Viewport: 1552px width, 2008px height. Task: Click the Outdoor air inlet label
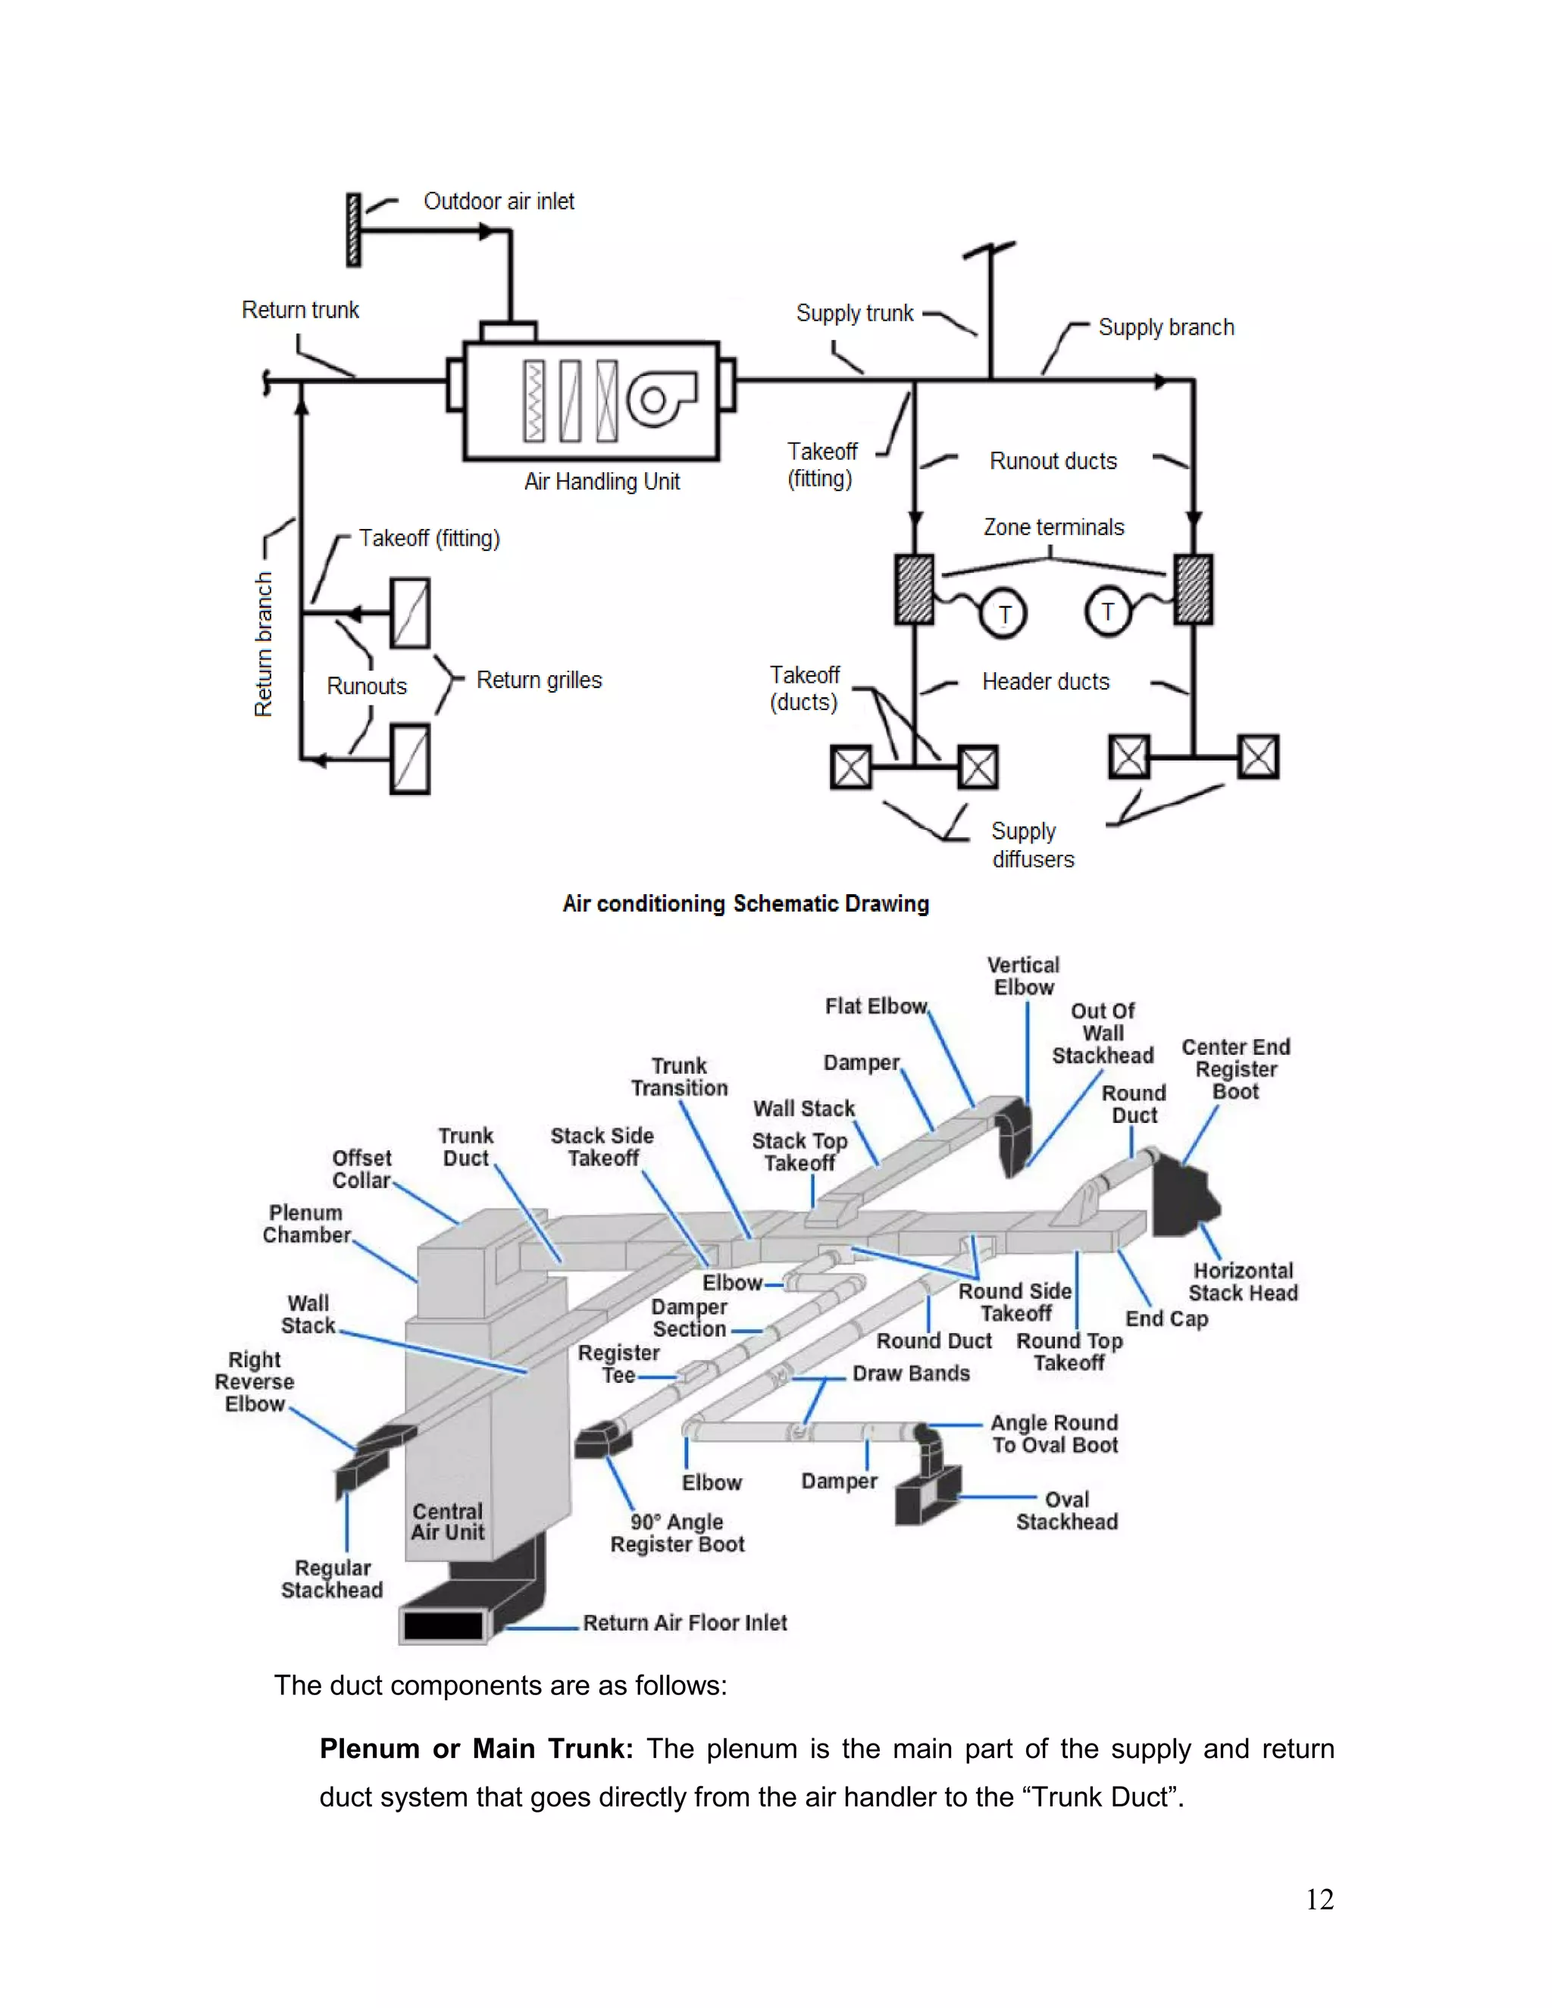pyautogui.click(x=499, y=202)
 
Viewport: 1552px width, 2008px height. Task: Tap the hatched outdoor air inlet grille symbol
pyautogui.click(x=353, y=230)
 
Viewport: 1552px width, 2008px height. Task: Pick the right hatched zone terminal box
pyautogui.click(x=1193, y=590)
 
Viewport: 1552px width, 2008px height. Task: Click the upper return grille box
pyautogui.click(x=410, y=613)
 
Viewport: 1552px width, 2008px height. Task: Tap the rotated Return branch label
pyautogui.click(x=264, y=643)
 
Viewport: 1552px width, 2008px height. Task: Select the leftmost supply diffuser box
pyautogui.click(x=850, y=767)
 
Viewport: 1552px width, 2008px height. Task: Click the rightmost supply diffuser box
pyautogui.click(x=1258, y=757)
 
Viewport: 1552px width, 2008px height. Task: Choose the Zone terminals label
pyautogui.click(x=1053, y=527)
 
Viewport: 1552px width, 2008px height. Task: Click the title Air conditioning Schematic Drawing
pyautogui.click(x=746, y=904)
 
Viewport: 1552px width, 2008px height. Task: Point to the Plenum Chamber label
pyautogui.click(x=306, y=1224)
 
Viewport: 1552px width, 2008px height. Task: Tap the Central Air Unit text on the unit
pyautogui.click(x=448, y=1522)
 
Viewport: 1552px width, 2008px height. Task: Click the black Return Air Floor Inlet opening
pyautogui.click(x=443, y=1625)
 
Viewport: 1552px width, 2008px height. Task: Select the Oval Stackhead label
pyautogui.click(x=1066, y=1511)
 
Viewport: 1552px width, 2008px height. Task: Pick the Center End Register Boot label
pyautogui.click(x=1236, y=1069)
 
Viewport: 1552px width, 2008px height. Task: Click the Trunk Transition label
pyautogui.click(x=680, y=1077)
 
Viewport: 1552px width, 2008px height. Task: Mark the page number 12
pyautogui.click(x=1319, y=1899)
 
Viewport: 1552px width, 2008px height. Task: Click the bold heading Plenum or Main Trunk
pyautogui.click(x=476, y=1749)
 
